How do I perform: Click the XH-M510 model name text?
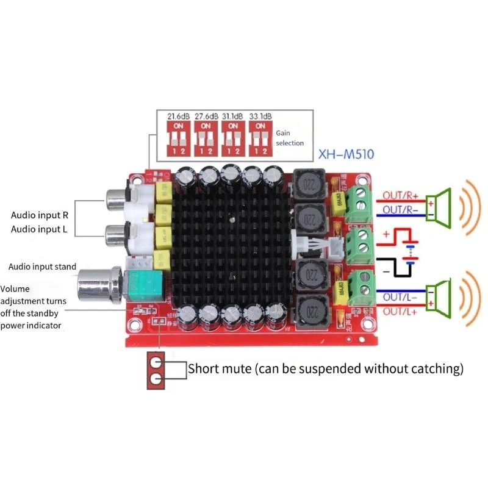click(347, 155)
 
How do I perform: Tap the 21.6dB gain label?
click(178, 115)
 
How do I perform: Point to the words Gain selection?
click(289, 137)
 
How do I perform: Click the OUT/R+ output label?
click(401, 196)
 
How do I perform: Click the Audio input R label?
click(40, 215)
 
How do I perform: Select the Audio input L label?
click(40, 229)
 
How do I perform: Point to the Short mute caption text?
click(325, 368)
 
